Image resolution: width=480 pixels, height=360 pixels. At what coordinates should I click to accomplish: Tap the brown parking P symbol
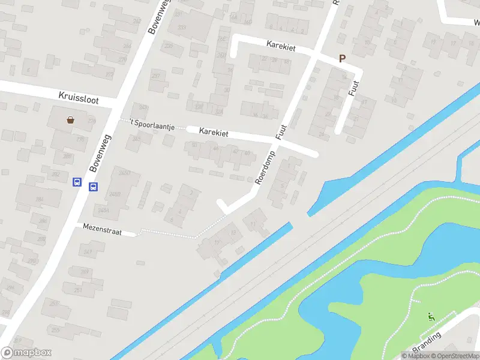(x=343, y=59)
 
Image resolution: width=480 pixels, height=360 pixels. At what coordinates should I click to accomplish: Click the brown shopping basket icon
(x=71, y=119)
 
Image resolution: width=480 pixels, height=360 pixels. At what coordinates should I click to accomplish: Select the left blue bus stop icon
(x=77, y=182)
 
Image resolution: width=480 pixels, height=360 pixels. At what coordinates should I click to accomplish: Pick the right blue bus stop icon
(x=93, y=187)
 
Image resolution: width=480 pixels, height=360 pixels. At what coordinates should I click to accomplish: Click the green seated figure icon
(x=431, y=317)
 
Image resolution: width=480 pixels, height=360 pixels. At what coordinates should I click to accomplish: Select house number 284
(x=40, y=199)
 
